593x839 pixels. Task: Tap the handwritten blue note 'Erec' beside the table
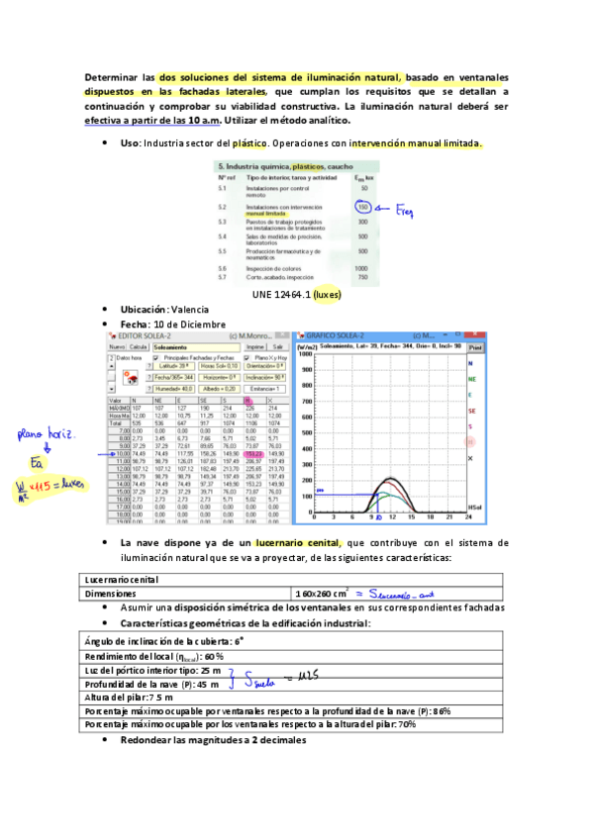click(x=406, y=212)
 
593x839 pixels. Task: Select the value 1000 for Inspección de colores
click(x=361, y=268)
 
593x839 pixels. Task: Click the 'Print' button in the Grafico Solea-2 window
click(x=475, y=348)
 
